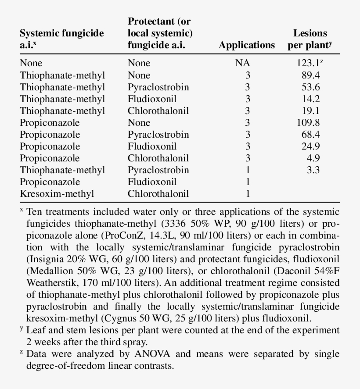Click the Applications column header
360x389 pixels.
coord(247,45)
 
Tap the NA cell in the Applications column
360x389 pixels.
coord(242,63)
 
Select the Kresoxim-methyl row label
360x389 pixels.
coord(57,193)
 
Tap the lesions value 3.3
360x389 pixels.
coord(313,170)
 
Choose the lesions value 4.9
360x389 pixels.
coord(313,158)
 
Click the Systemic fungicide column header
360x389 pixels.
coord(62,39)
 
